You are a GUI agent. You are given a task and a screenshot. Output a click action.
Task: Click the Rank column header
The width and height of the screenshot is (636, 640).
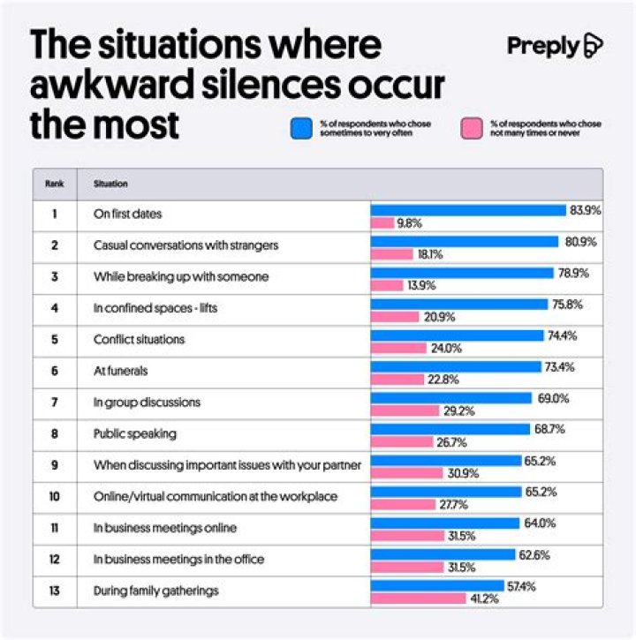54,184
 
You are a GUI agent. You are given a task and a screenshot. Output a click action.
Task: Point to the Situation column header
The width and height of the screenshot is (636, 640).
110,184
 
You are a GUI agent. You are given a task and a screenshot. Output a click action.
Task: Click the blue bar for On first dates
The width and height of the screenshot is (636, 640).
467,210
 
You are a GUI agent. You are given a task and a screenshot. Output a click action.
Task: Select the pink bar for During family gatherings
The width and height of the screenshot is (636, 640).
418,599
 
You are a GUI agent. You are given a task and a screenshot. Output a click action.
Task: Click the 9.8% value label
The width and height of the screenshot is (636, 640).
409,223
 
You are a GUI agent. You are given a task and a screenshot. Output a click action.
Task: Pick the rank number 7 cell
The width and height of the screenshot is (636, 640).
54,403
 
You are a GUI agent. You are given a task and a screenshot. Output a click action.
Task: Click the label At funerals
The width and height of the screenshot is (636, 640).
121,371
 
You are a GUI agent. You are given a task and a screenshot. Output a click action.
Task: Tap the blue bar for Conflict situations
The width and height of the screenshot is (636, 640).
457,335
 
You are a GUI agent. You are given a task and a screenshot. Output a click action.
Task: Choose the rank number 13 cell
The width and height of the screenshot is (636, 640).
54,591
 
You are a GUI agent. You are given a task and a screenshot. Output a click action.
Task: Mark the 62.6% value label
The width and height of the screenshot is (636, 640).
534,554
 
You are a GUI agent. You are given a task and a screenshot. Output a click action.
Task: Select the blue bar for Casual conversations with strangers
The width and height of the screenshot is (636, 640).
465,241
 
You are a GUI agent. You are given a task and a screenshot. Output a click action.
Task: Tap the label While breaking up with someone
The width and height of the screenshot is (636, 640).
181,276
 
